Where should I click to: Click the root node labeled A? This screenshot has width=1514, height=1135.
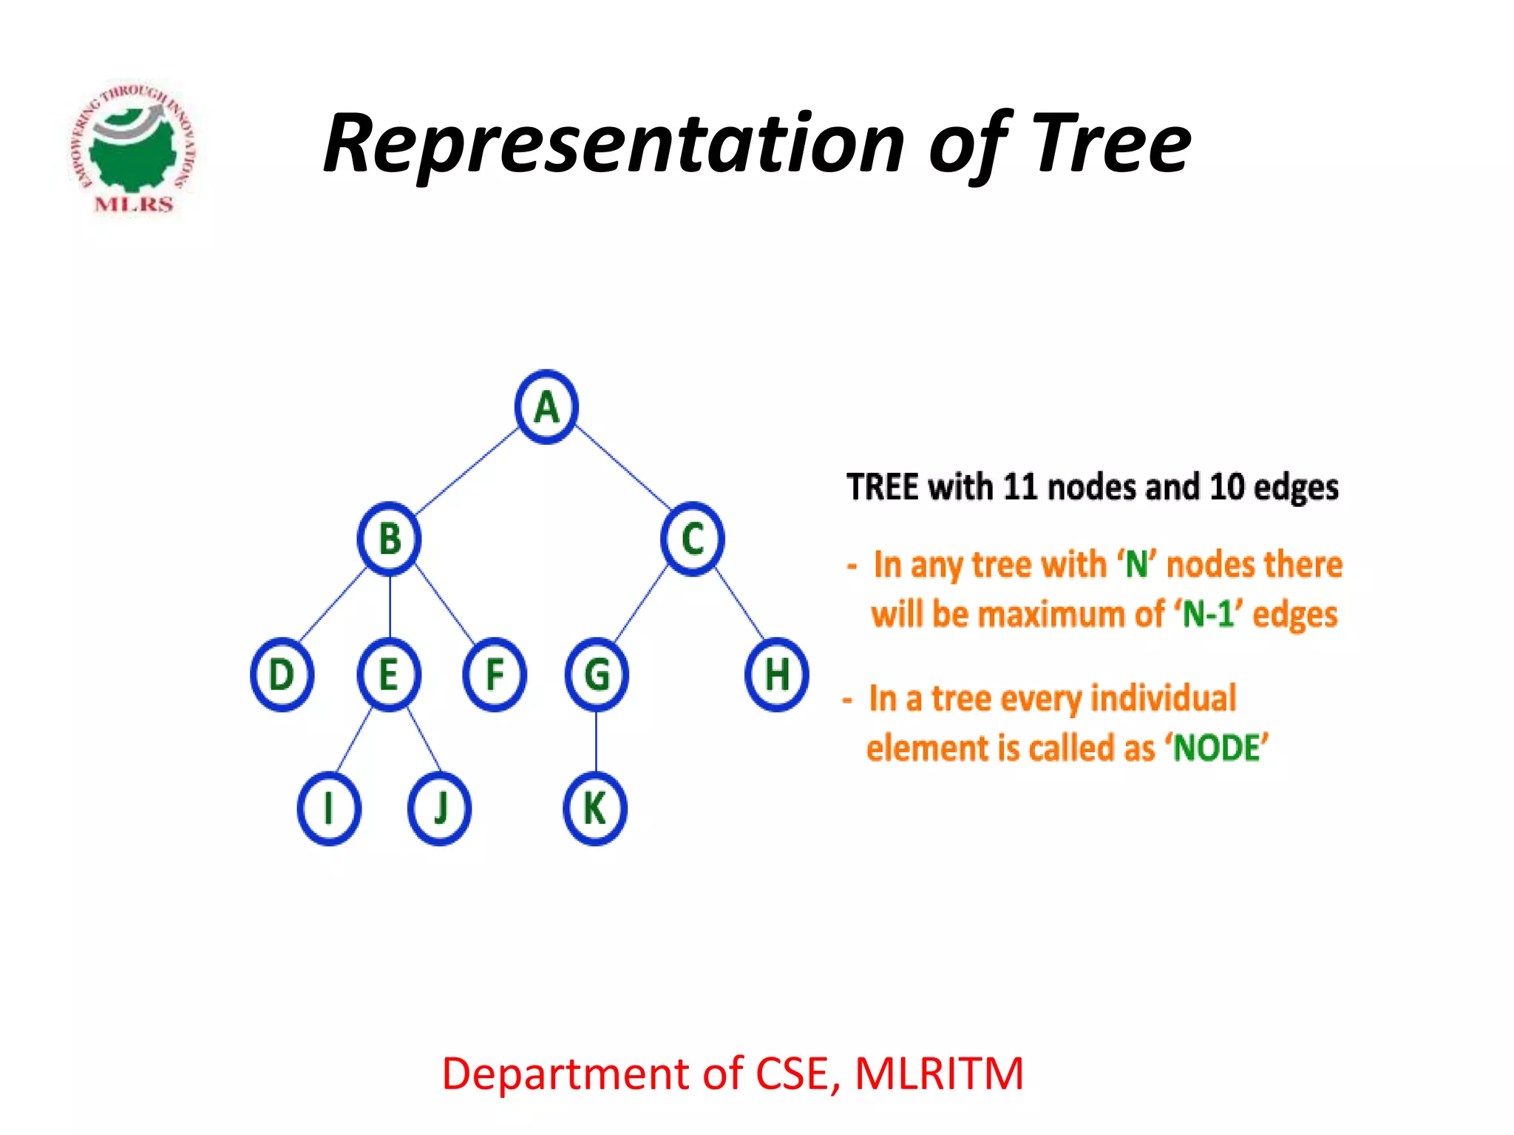[x=546, y=407]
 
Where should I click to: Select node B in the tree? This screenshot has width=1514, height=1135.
[x=390, y=539]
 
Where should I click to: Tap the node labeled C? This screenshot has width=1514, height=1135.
[x=693, y=539]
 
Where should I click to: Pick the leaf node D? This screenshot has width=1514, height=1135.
[x=282, y=675]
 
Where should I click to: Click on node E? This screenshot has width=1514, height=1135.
[x=389, y=675]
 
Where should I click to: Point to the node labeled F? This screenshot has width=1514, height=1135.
[x=495, y=675]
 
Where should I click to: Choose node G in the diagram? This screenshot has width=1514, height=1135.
[x=597, y=675]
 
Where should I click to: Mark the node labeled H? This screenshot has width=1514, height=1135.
[x=776, y=675]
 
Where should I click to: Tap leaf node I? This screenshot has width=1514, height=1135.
[x=329, y=808]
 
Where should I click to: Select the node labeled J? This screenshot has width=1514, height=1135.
[x=440, y=808]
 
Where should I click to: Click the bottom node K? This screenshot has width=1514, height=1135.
[x=595, y=808]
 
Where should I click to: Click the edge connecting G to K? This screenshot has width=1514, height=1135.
[x=597, y=742]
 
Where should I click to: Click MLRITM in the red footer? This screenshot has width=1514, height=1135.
[x=939, y=1074]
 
